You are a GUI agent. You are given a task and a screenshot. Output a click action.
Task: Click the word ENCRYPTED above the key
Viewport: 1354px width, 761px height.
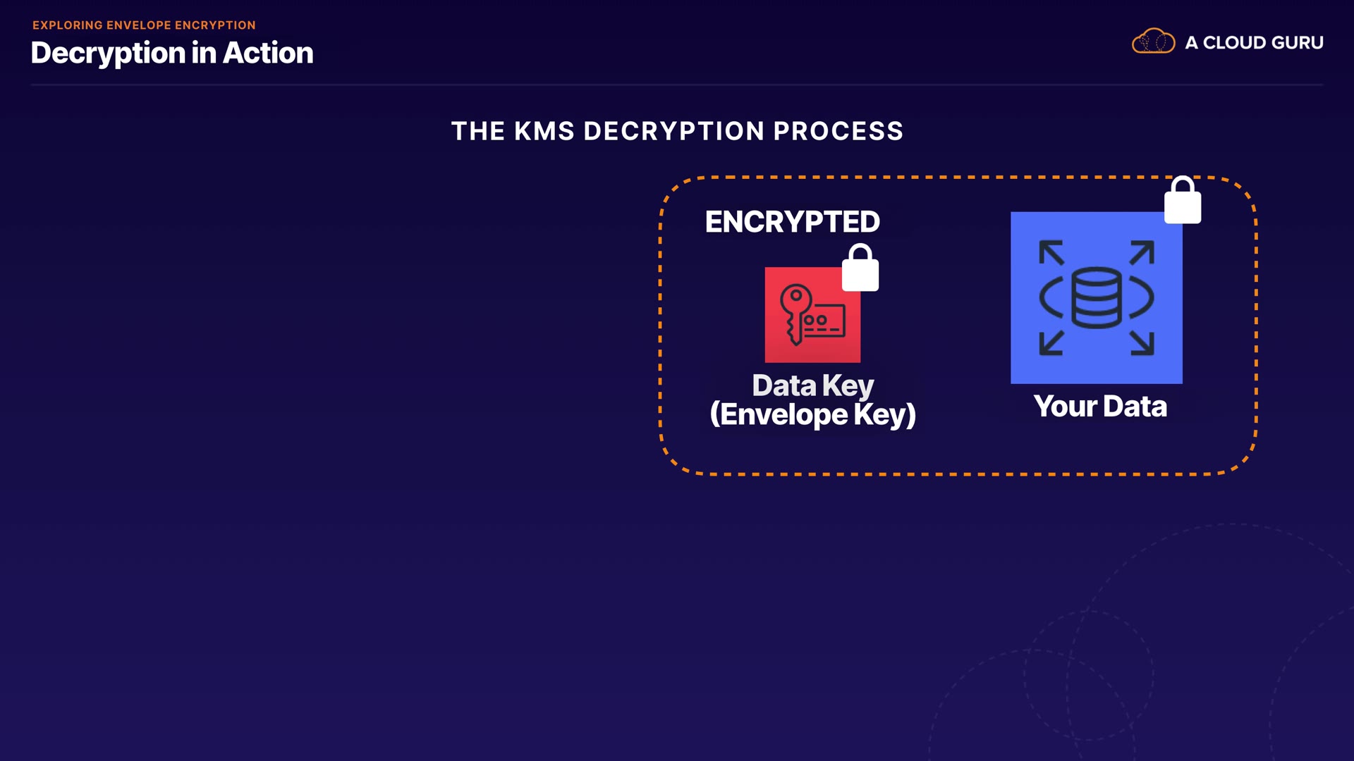[792, 222]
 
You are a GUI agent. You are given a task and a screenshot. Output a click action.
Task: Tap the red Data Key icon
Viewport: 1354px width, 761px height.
[812, 315]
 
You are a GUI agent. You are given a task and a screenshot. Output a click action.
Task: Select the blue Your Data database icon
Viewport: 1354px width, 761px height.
[1096, 298]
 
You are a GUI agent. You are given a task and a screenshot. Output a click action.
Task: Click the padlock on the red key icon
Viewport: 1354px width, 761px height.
[860, 268]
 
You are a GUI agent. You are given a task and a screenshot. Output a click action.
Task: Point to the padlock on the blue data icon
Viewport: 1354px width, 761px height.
[1183, 201]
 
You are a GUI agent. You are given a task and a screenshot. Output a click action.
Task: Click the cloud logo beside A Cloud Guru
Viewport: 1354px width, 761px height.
[1153, 42]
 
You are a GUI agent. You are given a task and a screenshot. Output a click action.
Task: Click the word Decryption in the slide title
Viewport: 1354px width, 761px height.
[108, 54]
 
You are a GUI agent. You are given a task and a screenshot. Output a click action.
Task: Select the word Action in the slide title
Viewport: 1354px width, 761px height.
[268, 54]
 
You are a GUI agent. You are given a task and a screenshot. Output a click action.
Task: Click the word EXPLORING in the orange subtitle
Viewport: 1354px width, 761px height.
[68, 25]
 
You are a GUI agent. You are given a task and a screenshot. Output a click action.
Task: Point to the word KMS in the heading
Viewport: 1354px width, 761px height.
[544, 131]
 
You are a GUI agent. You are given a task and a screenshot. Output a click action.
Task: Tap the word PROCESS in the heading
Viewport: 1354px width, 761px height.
[838, 131]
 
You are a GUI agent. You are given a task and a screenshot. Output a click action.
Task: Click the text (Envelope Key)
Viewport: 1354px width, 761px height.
[812, 414]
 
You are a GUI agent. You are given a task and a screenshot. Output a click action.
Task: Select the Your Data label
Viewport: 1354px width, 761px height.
[1099, 407]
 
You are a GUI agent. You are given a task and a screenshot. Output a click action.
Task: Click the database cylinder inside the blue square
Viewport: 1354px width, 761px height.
[1096, 298]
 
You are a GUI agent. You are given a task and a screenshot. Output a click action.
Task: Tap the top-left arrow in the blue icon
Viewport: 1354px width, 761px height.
[1051, 252]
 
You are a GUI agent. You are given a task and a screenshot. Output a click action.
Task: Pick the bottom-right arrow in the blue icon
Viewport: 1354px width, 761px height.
[1142, 343]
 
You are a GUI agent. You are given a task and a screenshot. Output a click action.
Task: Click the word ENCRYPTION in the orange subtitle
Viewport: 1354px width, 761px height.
[215, 25]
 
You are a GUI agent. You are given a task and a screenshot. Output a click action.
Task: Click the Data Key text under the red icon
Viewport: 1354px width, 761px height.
[812, 385]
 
